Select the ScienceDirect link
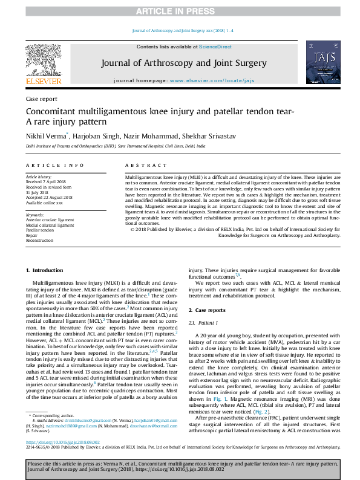215,47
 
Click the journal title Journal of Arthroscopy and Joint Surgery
180,63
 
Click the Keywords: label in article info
36,215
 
